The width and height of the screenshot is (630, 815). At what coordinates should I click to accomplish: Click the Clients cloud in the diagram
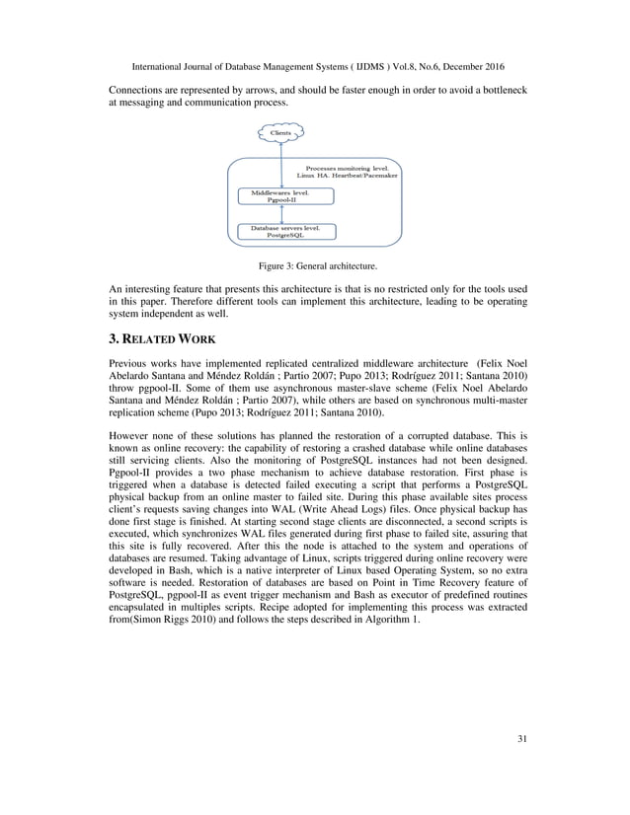pos(281,130)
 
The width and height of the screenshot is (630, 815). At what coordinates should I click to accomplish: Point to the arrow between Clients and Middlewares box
pos(281,163)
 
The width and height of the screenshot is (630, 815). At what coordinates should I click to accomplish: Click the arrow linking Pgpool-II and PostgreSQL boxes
pos(281,214)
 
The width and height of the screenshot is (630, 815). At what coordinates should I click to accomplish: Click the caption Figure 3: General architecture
pos(314,265)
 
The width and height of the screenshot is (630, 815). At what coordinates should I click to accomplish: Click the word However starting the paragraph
pos(129,433)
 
